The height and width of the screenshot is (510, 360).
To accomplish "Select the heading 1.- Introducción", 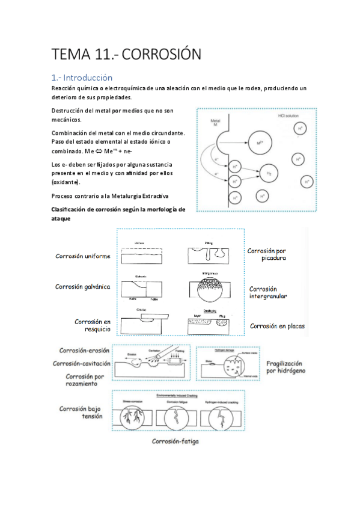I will click(82, 78).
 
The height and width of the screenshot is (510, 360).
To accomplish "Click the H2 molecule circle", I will click(268, 174).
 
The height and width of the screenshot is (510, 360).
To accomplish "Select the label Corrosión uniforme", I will click(83, 256).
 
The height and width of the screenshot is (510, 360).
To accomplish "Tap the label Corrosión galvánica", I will click(83, 286).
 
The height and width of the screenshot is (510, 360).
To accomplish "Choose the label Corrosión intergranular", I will click(267, 292).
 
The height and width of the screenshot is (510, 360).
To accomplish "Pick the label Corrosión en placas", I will click(277, 326).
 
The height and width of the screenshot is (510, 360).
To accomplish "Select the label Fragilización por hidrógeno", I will click(285, 367).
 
